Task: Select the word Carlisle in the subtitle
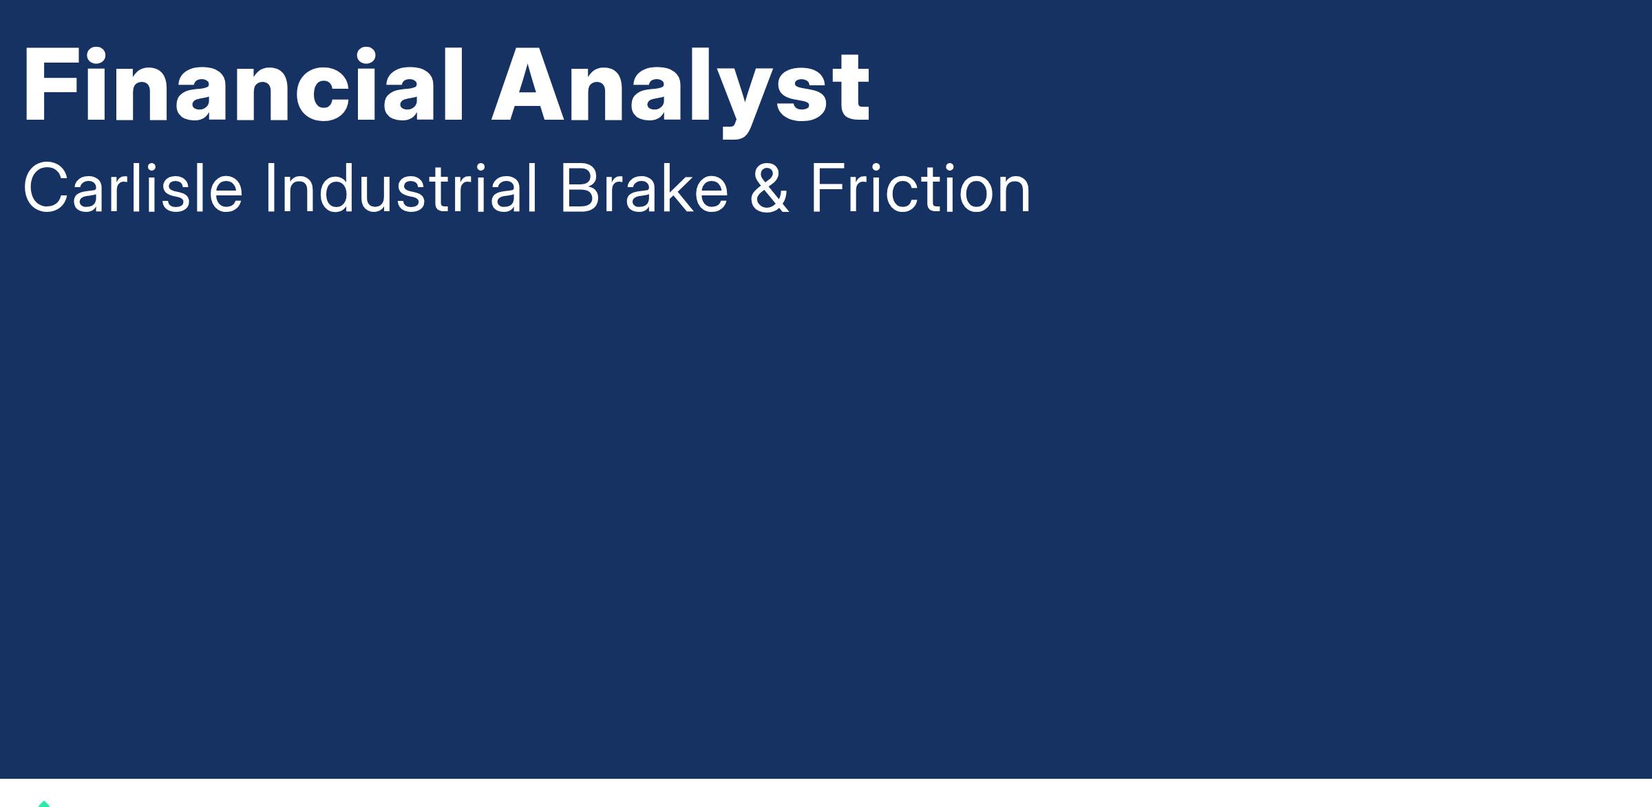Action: (133, 188)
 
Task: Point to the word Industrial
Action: (401, 188)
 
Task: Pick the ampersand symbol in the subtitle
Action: (769, 189)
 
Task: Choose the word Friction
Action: (920, 188)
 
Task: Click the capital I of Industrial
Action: (270, 188)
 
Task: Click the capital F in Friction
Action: (827, 188)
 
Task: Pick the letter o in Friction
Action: (971, 195)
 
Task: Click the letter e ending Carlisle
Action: (224, 195)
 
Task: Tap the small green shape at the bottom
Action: (44, 804)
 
